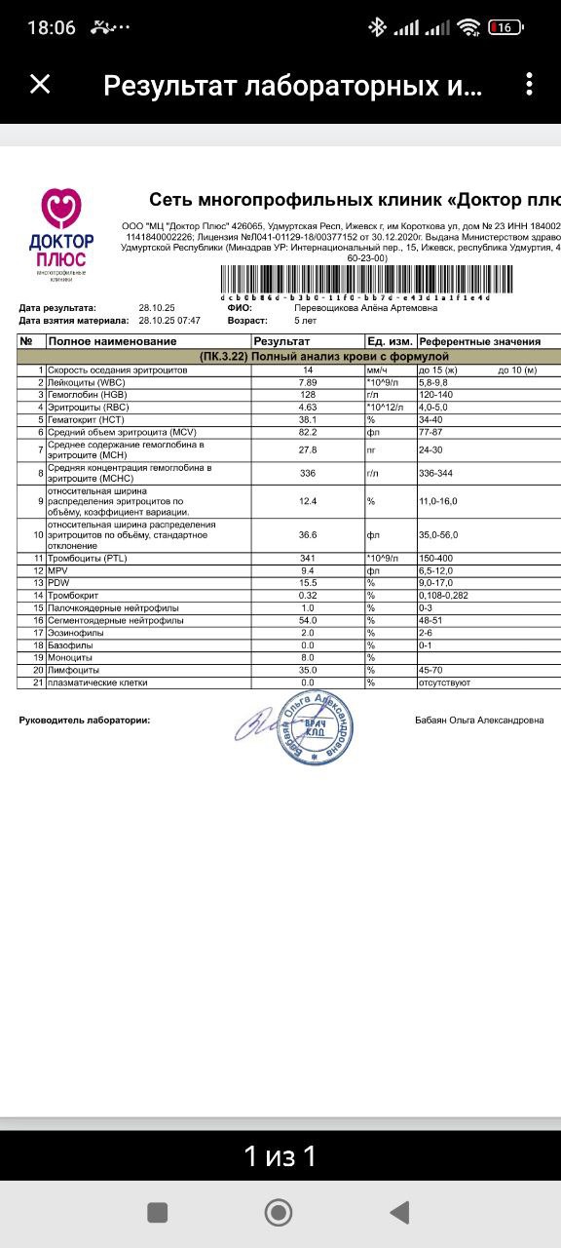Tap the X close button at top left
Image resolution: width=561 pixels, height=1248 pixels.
(40, 85)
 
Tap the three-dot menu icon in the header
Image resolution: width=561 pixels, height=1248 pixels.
(529, 85)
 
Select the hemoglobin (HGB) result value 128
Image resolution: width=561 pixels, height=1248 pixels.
(308, 395)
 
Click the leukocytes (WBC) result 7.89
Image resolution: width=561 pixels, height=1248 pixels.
(308, 383)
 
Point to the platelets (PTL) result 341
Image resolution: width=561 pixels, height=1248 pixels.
(308, 558)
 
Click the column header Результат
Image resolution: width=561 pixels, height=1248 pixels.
(282, 341)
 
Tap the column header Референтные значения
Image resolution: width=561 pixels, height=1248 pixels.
(479, 341)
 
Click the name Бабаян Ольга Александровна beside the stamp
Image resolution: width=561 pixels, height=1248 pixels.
(479, 721)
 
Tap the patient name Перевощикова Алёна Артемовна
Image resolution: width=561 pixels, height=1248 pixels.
(365, 308)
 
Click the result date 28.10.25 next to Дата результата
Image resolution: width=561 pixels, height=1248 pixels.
(156, 308)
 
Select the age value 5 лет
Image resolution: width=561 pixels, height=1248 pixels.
(308, 320)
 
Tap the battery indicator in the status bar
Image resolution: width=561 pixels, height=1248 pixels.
(505, 27)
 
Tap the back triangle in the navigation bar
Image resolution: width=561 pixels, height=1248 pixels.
(398, 1212)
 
